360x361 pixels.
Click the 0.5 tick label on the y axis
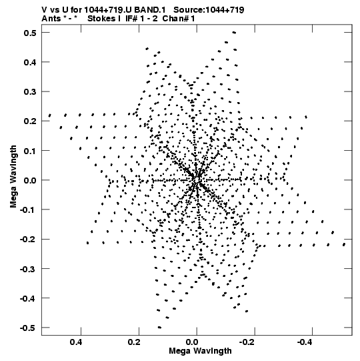click(x=30, y=33)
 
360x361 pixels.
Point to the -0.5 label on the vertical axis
click(x=28, y=328)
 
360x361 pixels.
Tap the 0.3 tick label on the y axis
click(x=30, y=91)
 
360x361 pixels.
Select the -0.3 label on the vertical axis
click(x=28, y=269)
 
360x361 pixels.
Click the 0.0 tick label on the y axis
click(x=30, y=180)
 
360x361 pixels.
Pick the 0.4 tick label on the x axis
click(x=76, y=342)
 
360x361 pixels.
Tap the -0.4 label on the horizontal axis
click(x=304, y=342)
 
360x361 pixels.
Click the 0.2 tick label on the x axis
click(x=134, y=342)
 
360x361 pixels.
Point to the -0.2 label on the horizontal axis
click(x=247, y=342)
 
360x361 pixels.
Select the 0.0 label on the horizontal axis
click(x=192, y=342)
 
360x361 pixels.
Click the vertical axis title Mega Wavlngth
click(x=13, y=177)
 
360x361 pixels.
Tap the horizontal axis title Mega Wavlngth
click(x=200, y=351)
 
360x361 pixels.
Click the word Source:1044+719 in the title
click(x=209, y=10)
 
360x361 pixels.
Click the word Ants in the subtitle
click(x=51, y=19)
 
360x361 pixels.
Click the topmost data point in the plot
click(x=234, y=33)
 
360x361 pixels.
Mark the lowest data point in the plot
click(x=159, y=327)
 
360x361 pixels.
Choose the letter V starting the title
click(x=44, y=10)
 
